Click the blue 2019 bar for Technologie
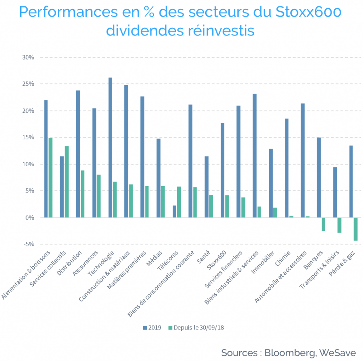pyautogui.click(x=110, y=148)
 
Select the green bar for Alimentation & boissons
pyautogui.click(x=50, y=178)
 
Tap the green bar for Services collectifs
pyautogui.click(x=67, y=182)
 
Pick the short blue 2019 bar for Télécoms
pyautogui.click(x=174, y=211)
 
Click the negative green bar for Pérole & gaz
pyautogui.click(x=356, y=229)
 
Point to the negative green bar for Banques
pyautogui.click(x=323, y=224)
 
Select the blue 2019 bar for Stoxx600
pyautogui.click(x=223, y=170)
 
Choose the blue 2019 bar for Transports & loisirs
pyautogui.click(x=335, y=193)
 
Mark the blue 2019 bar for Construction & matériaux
pyautogui.click(x=126, y=151)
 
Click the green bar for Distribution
pyautogui.click(x=83, y=194)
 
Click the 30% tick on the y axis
pyautogui.click(x=28, y=57)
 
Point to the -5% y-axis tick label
pyautogui.click(x=29, y=244)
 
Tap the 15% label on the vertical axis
pyautogui.click(x=28, y=137)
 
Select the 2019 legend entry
pyautogui.click(x=152, y=328)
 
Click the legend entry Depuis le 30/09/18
pyautogui.click(x=196, y=328)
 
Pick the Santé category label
pyautogui.click(x=203, y=257)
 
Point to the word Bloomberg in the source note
pyautogui.click(x=290, y=353)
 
